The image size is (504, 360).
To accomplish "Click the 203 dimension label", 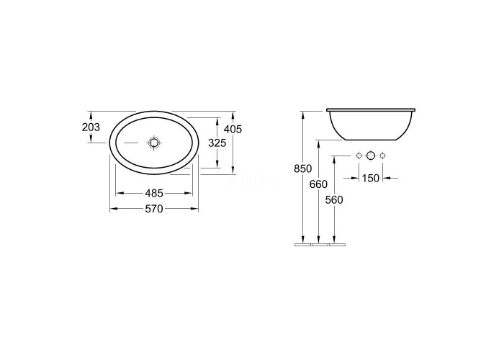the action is pos(91,127).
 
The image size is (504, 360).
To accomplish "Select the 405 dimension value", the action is pos(233,129).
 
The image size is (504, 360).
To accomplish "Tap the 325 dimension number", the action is pos(217,143).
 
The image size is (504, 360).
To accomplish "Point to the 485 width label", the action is pos(154,193).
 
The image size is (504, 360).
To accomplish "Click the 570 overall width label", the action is pos(154,209).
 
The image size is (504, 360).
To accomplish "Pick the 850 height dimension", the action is pos(303,168).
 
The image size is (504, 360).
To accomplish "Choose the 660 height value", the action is pos(318,184).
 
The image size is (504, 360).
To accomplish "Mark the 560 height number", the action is pos(334,200).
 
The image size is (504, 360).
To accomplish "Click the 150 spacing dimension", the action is pos(371,178).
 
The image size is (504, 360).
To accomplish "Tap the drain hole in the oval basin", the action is pos(154,143).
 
